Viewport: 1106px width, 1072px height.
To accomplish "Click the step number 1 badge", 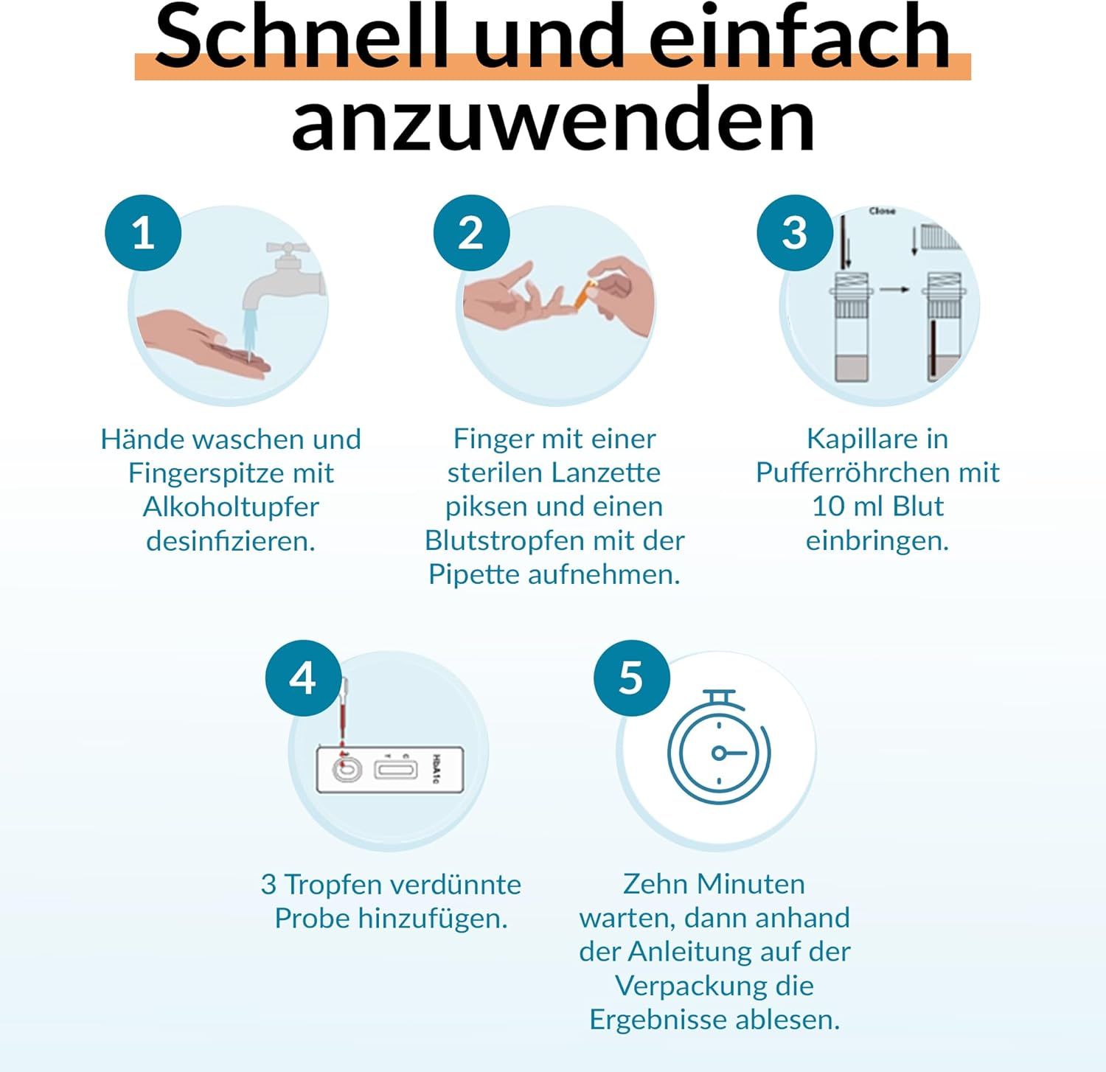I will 143,233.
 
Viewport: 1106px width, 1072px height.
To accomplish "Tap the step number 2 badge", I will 471,233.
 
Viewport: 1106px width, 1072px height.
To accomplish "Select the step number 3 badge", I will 795,233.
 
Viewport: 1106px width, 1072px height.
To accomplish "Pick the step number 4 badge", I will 303,678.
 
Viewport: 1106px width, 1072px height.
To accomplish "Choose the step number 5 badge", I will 631,678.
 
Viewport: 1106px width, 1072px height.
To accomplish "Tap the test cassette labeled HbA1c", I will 389,770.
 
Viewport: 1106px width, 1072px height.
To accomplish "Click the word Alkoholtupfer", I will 231,507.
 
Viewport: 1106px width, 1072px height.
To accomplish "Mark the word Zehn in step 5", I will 656,883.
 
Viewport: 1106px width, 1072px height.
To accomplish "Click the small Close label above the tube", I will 882,212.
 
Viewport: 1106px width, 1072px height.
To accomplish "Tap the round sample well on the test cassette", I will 344,770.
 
